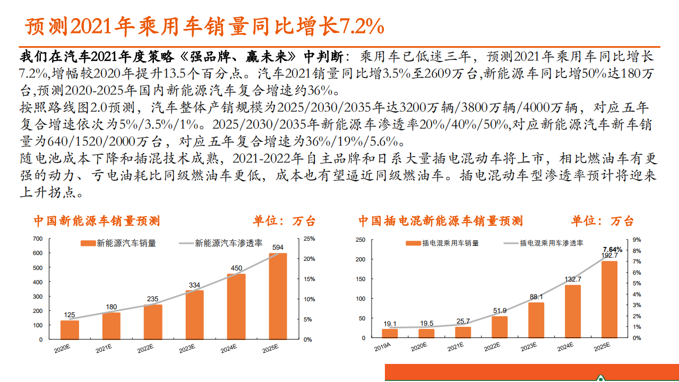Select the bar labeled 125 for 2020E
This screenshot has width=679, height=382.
(x=70, y=329)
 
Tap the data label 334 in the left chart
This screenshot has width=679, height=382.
(x=194, y=285)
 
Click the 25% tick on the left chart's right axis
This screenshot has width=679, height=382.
(x=309, y=238)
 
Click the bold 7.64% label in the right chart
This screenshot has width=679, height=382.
(x=612, y=249)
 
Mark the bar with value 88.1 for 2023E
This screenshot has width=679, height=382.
(x=536, y=319)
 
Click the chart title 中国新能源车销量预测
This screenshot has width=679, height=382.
(x=97, y=220)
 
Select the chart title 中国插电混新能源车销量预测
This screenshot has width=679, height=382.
(x=440, y=220)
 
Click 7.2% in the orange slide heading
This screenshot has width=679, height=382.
(x=361, y=25)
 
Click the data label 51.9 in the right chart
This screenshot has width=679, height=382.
(x=499, y=311)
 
